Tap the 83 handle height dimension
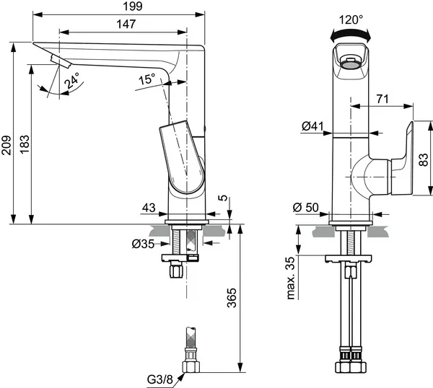pos(423,159)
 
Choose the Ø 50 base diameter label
pos(306,208)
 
